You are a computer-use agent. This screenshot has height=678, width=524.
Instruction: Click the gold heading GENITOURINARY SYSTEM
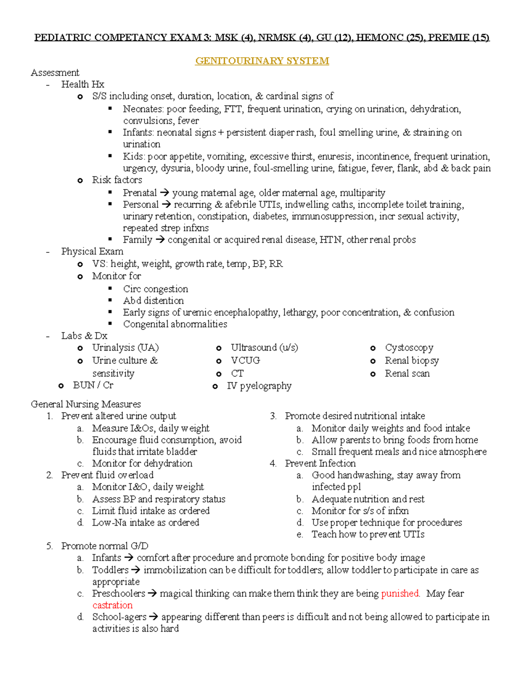point(262,61)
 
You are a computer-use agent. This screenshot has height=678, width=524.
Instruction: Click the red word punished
point(400,594)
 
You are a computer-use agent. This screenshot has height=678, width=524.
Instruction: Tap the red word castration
point(112,606)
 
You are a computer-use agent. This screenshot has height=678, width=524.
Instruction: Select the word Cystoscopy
point(409,348)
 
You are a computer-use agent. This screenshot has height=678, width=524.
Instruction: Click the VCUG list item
point(245,361)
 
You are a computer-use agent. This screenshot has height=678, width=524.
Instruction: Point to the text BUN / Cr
point(93,385)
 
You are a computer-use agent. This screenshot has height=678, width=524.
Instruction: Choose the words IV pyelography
point(259,386)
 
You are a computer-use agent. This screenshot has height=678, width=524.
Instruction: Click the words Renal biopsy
point(412,361)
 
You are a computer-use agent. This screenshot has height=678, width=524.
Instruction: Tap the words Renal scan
point(407,374)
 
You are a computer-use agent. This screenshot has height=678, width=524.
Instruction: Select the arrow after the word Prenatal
point(164,193)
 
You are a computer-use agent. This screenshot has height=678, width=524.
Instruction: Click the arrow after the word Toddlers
point(136,570)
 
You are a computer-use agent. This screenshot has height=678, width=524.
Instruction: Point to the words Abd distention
point(153,301)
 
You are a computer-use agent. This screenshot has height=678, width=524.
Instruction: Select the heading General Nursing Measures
point(86,404)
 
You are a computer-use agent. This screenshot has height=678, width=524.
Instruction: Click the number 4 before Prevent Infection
point(273,464)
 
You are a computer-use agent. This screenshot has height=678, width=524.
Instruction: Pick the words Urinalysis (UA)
point(125,348)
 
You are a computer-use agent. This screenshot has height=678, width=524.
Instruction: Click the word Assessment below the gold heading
point(55,73)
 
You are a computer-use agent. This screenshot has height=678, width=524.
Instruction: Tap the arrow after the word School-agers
point(154,617)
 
